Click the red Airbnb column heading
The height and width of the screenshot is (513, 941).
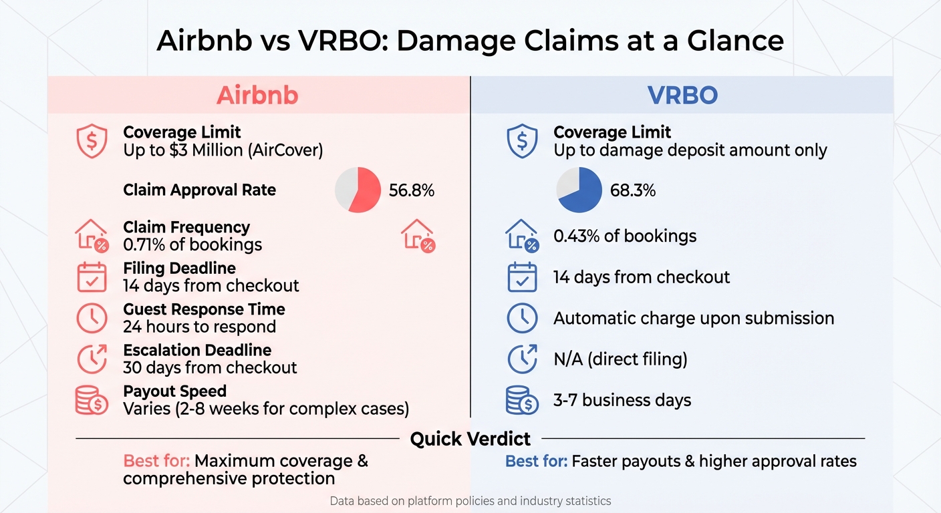[x=257, y=95]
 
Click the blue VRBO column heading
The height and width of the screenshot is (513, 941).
[x=682, y=95]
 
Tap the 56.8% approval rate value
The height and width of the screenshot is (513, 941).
[x=412, y=190]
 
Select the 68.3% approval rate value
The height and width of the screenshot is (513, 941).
[x=633, y=190]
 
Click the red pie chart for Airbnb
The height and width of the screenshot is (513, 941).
[x=358, y=190]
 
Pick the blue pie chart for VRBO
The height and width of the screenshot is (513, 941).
[x=579, y=190]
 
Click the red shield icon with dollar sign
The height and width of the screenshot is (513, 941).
[x=92, y=141]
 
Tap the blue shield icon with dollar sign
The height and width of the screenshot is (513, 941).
[x=522, y=141]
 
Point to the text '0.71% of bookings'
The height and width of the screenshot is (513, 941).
[x=192, y=244]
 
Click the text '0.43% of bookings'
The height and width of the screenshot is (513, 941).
[x=625, y=236]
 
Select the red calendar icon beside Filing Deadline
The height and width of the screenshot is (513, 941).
[x=92, y=277]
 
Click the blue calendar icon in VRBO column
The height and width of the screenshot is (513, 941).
[x=522, y=277]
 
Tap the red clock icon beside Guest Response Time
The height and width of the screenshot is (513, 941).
[x=92, y=318]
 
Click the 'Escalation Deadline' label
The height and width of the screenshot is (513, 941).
[x=197, y=350]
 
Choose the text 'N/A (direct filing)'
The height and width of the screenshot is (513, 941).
[x=620, y=359]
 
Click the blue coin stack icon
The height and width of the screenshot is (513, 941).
[x=522, y=400]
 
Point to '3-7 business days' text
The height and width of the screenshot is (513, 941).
[x=622, y=400]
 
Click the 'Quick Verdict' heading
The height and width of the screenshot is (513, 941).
[x=470, y=439]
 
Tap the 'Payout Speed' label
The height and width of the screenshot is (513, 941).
[x=175, y=391]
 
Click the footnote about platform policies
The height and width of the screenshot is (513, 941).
[x=470, y=500]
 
